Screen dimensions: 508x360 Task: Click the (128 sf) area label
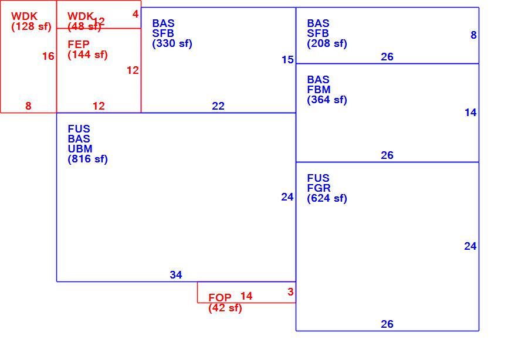pos(32,26)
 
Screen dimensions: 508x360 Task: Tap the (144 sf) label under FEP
pos(87,55)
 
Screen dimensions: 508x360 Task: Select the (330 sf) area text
pos(172,43)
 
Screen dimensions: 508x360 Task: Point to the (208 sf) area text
pos(327,43)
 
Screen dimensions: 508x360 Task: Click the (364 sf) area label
pos(327,100)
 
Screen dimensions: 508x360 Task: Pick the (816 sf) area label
pos(87,159)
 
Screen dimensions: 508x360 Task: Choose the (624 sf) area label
pos(327,198)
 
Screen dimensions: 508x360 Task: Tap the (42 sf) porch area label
pos(225,308)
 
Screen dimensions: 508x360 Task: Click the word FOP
pos(220,297)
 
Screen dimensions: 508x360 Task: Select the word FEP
pos(79,45)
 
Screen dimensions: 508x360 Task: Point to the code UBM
pos(80,149)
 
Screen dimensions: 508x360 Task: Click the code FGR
pos(319,188)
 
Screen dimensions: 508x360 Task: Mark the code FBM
pos(319,90)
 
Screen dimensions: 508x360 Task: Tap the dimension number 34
pos(176,275)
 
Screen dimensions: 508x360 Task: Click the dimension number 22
pos(218,106)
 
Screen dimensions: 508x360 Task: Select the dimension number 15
pos(287,60)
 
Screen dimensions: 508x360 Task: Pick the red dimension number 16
pos(48,56)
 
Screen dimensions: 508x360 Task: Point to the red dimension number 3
pos(290,291)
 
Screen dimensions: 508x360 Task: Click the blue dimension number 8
pos(473,35)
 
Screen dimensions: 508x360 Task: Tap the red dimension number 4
pos(136,14)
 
